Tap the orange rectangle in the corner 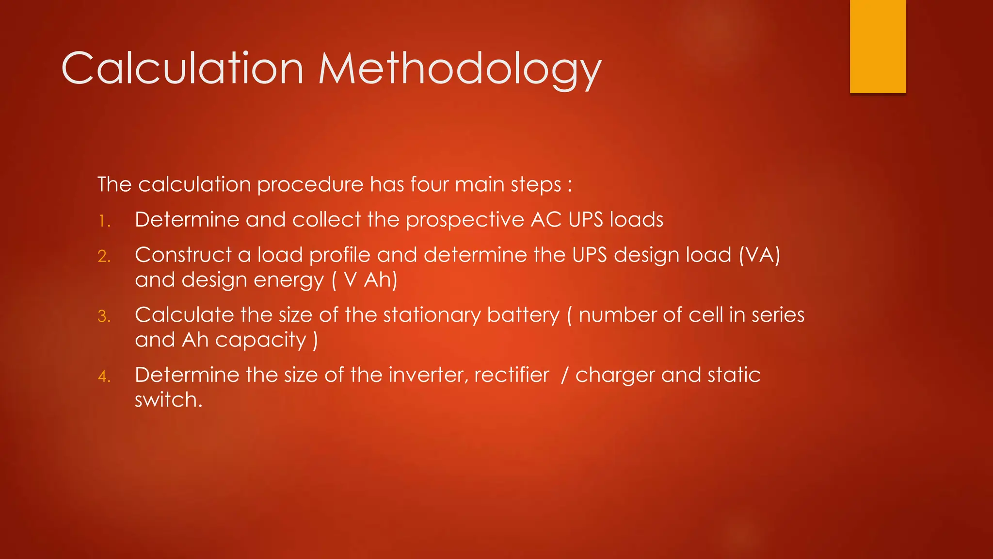point(878,46)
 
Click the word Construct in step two point(183,255)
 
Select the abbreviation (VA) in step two point(759,255)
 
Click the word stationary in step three point(431,315)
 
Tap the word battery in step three point(523,315)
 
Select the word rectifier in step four point(512,375)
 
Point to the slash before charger point(564,375)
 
